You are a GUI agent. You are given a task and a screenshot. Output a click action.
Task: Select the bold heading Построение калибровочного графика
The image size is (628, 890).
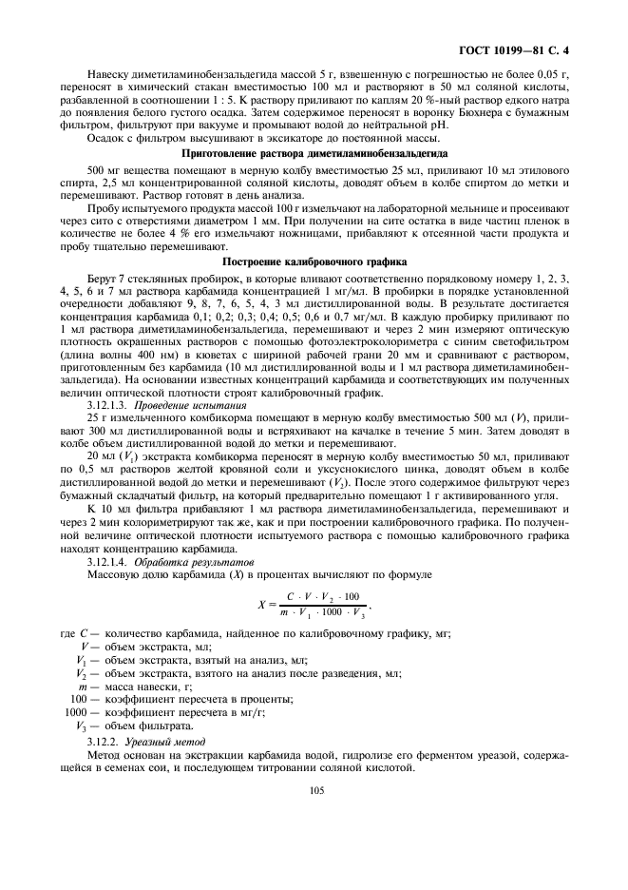(x=314, y=261)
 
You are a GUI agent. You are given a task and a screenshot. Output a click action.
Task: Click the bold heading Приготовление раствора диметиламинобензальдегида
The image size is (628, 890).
(x=314, y=153)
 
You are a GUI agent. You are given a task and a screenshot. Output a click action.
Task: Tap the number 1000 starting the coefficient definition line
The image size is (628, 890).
(x=76, y=711)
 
